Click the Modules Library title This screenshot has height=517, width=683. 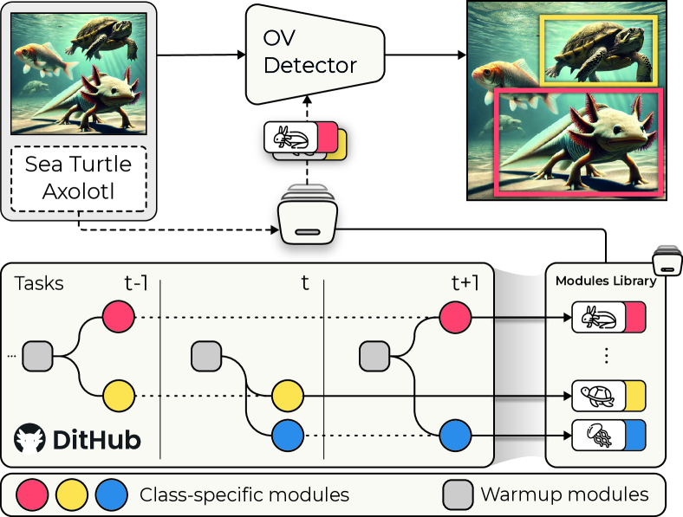(x=605, y=280)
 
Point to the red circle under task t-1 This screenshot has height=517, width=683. (x=119, y=317)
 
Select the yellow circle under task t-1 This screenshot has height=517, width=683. (x=119, y=396)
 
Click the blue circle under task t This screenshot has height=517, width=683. (x=287, y=434)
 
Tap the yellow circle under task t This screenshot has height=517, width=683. (x=287, y=396)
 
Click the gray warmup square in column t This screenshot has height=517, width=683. (x=205, y=355)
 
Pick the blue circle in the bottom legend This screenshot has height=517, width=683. (x=112, y=494)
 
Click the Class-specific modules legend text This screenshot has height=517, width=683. (x=244, y=494)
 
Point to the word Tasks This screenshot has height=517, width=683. (x=39, y=284)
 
